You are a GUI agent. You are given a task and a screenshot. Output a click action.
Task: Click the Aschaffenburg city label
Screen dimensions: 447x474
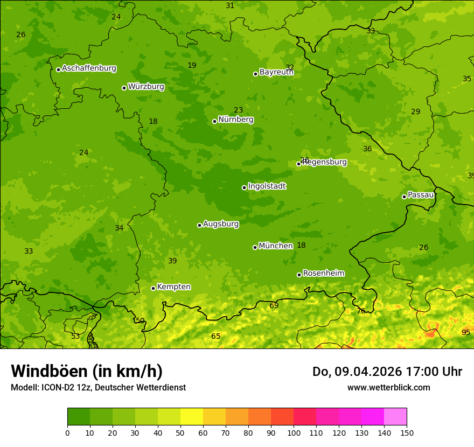pyautogui.click(x=89, y=68)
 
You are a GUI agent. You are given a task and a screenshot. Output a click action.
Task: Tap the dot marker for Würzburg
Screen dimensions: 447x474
pyautogui.click(x=124, y=88)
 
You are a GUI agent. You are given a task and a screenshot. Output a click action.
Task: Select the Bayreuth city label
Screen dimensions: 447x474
pyautogui.click(x=276, y=72)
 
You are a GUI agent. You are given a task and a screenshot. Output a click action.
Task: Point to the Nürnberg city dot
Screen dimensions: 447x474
pyautogui.click(x=214, y=121)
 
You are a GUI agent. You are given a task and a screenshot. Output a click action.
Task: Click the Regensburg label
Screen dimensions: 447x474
pyautogui.click(x=325, y=162)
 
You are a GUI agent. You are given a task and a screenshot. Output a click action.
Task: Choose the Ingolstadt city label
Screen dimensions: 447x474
pyautogui.click(x=267, y=186)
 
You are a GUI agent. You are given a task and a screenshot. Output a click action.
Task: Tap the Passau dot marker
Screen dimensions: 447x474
pyautogui.click(x=404, y=197)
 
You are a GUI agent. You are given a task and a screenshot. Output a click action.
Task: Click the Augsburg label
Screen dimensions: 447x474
pyautogui.click(x=221, y=224)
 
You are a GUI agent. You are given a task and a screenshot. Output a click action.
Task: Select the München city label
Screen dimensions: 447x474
pyautogui.click(x=276, y=246)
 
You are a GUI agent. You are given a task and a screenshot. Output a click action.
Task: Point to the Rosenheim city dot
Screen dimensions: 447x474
pyautogui.click(x=299, y=275)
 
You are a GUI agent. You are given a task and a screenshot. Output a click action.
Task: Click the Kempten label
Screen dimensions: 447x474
pyautogui.click(x=173, y=287)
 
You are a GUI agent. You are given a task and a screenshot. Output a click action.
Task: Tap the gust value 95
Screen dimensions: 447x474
pyautogui.click(x=466, y=332)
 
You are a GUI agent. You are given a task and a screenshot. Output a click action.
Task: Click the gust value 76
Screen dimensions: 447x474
pyautogui.click(x=361, y=311)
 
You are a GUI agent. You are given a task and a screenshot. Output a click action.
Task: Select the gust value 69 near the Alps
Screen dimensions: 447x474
pyautogui.click(x=274, y=305)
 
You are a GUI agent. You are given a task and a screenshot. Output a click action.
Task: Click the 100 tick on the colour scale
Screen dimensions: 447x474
pyautogui.click(x=294, y=432)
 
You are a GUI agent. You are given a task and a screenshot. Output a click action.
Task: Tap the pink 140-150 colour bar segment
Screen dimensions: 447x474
pyautogui.click(x=395, y=417)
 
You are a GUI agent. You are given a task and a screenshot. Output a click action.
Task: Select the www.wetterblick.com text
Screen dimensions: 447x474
pyautogui.click(x=388, y=387)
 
